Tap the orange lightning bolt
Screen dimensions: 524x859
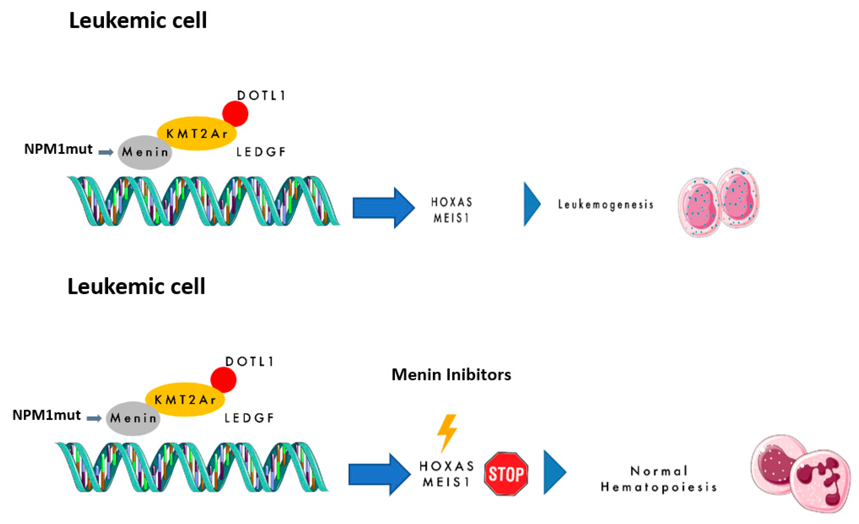point(447,432)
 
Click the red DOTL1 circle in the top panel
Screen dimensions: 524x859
point(235,114)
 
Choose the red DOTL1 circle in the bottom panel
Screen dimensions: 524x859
point(224,380)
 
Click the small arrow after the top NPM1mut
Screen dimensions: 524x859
point(106,152)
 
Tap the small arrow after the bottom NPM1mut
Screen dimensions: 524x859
point(94,418)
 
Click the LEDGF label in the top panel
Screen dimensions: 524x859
point(261,152)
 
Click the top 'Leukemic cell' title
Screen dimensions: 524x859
point(138,20)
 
